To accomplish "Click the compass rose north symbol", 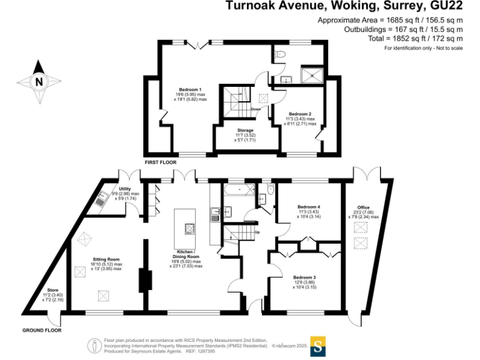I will (39, 81).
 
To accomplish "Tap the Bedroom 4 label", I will (309, 207).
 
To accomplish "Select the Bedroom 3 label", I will (306, 277).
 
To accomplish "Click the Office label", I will (363, 207).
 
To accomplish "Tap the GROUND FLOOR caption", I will (42, 330).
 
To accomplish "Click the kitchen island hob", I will (188, 229).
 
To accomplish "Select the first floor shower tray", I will (310, 76).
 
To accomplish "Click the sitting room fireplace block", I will (145, 279).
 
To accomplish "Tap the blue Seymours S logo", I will (319, 345).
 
